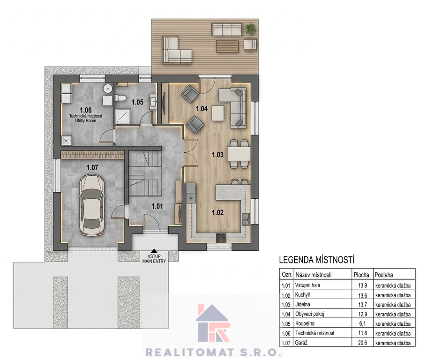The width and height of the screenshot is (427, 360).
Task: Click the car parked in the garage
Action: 91,205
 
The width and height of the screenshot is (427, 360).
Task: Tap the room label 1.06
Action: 85,110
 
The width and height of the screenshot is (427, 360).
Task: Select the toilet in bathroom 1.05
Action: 120,98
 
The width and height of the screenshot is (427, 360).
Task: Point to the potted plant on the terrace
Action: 250,28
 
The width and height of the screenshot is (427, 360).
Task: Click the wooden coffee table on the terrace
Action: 227,46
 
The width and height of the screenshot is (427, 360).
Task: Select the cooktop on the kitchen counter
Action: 221,238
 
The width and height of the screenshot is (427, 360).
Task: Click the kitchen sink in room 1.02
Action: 246,219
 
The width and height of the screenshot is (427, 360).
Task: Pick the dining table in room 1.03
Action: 239,154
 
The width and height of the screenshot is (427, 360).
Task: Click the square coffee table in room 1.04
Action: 218,113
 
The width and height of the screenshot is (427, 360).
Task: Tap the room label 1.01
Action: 157,206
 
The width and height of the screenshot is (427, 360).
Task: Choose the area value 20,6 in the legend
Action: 362,343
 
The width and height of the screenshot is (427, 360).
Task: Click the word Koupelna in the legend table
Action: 305,323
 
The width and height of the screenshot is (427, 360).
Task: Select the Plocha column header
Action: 361,275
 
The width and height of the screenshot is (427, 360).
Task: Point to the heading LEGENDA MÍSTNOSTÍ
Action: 317,260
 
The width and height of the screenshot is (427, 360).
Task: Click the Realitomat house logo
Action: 213,323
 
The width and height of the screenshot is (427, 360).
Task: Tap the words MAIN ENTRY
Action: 154,261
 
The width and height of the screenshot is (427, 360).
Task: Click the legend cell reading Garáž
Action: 301,343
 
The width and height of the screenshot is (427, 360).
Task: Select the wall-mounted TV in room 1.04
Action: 164,104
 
